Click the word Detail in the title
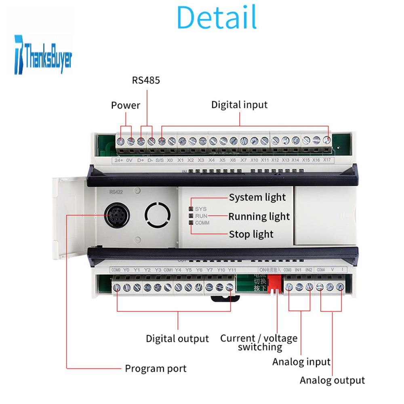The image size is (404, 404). point(217,17)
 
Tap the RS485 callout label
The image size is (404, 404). point(146,80)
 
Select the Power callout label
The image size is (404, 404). point(126,105)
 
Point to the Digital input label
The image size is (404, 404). point(239,105)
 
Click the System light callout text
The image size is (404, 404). point(257,198)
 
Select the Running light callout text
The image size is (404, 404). point(259,217)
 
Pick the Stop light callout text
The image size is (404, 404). point(251,234)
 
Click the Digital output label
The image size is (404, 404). point(177,339)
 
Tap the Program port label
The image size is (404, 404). point(156,368)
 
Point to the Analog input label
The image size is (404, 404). point(301,362)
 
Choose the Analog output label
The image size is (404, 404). point(332,380)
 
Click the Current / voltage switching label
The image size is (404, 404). point(259,343)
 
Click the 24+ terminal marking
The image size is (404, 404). point(119,160)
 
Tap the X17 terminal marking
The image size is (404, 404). point(327,160)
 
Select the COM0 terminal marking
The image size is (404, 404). point(115,270)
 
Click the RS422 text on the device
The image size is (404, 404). point(114,192)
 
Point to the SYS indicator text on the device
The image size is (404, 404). point(200,209)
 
